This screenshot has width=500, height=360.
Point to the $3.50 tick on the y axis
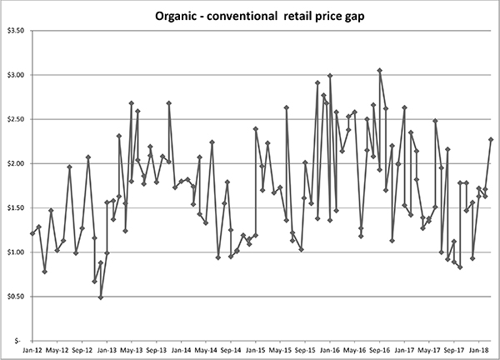pos(15,30)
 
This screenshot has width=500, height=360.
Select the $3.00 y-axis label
pos(15,75)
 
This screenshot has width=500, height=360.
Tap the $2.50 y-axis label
pos(15,119)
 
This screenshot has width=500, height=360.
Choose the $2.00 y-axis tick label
pos(15,163)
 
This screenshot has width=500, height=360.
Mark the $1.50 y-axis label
pos(15,207)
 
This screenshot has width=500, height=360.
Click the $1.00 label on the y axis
pos(15,252)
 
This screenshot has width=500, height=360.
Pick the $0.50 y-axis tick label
pos(15,296)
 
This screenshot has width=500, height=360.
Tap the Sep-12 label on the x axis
pos(82,350)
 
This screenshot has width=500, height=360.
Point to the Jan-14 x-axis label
pos(181,350)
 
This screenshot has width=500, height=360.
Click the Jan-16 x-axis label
pos(330,350)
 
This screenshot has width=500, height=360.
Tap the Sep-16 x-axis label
pos(380,350)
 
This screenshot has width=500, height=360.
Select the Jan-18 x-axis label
pos(479,350)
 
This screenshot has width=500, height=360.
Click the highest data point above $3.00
pos(380,71)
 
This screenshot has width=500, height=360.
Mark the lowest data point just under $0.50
pos(101,297)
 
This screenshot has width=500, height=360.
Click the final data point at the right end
pos(492,139)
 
